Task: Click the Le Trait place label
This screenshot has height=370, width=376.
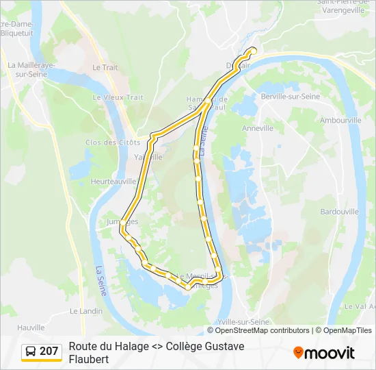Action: tap(105, 67)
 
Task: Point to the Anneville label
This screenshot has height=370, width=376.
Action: tap(258, 127)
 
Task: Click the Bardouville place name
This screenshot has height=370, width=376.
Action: tap(339, 212)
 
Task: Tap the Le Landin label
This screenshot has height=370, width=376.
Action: tap(86, 310)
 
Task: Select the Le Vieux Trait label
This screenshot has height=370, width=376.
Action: tap(118, 97)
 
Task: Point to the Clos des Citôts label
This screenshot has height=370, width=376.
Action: tap(113, 143)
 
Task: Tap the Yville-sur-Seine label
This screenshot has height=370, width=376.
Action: tap(243, 321)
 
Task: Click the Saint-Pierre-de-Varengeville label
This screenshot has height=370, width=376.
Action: tap(343, 6)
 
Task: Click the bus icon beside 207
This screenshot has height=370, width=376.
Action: tap(31, 351)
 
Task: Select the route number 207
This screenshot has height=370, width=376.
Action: tap(49, 351)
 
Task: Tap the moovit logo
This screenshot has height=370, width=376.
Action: tap(324, 353)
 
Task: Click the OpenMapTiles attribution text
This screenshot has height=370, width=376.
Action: tap(347, 330)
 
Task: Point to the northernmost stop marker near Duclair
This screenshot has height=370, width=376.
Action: tap(254, 50)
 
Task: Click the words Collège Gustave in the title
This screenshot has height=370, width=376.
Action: tap(204, 347)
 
